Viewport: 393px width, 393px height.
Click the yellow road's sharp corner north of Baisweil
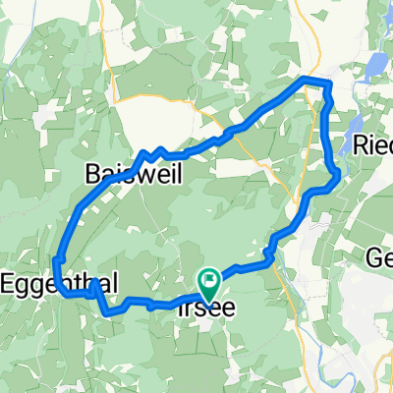click(x=117, y=99)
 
